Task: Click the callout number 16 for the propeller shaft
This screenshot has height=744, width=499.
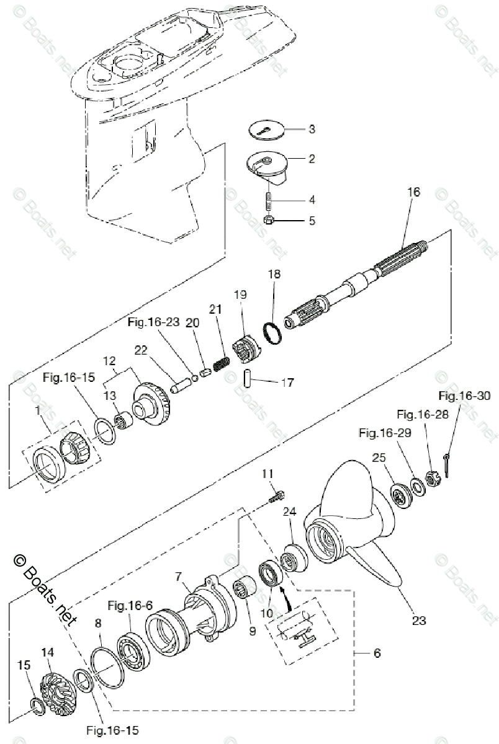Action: click(414, 192)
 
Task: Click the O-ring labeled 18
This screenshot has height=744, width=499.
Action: click(272, 333)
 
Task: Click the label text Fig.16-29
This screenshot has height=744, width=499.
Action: click(385, 433)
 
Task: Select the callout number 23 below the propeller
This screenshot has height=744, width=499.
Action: click(418, 620)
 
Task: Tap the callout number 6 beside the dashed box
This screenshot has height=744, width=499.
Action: click(377, 653)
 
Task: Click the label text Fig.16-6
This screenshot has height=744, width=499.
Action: click(130, 606)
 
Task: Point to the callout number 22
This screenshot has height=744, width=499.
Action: click(141, 350)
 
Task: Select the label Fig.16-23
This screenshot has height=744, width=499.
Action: click(153, 322)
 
